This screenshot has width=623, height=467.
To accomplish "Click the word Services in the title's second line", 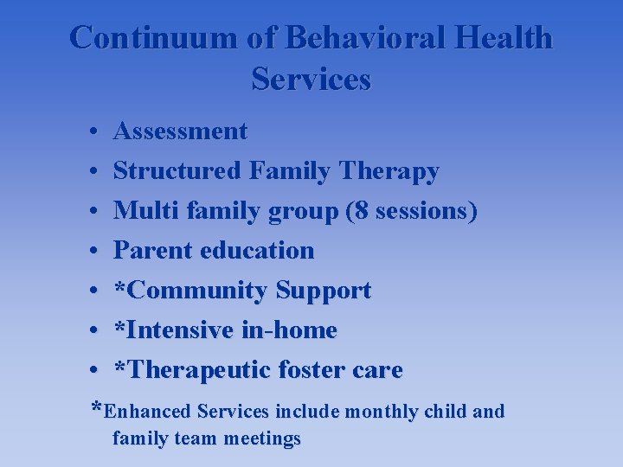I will (311, 80).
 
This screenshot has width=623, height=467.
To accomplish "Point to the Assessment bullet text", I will (180, 131).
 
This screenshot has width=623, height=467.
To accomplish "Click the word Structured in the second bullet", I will (177, 171).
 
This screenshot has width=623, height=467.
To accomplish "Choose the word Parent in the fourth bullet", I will (153, 251).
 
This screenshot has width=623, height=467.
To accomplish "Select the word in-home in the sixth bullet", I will (290, 330).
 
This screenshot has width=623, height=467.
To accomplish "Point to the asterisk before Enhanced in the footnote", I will (98, 407).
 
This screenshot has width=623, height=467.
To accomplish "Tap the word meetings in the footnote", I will (262, 438).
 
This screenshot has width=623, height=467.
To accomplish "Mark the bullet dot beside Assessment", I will (92, 132).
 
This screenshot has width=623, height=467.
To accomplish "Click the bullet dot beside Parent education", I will (92, 252).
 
